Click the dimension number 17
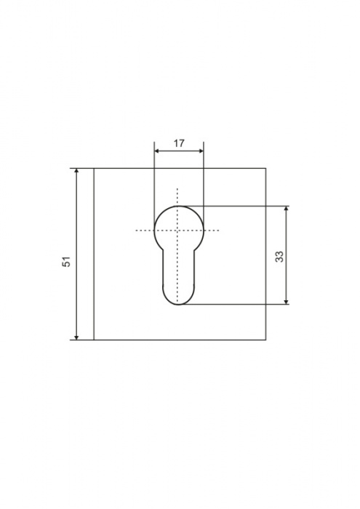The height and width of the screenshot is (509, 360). click(x=179, y=143)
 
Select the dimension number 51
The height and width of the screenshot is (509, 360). click(x=67, y=262)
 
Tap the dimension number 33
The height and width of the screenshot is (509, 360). click(x=279, y=257)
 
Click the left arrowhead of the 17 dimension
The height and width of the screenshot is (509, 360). click(x=157, y=151)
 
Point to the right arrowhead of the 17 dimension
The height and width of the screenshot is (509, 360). click(x=201, y=151)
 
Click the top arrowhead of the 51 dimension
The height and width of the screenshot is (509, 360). click(x=76, y=172)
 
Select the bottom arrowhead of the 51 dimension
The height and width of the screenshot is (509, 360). click(x=76, y=337)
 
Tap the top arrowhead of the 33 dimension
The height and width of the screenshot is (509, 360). click(x=287, y=209)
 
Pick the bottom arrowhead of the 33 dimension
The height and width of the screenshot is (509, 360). click(x=287, y=301)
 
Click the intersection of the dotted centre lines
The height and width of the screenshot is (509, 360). click(x=177, y=231)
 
